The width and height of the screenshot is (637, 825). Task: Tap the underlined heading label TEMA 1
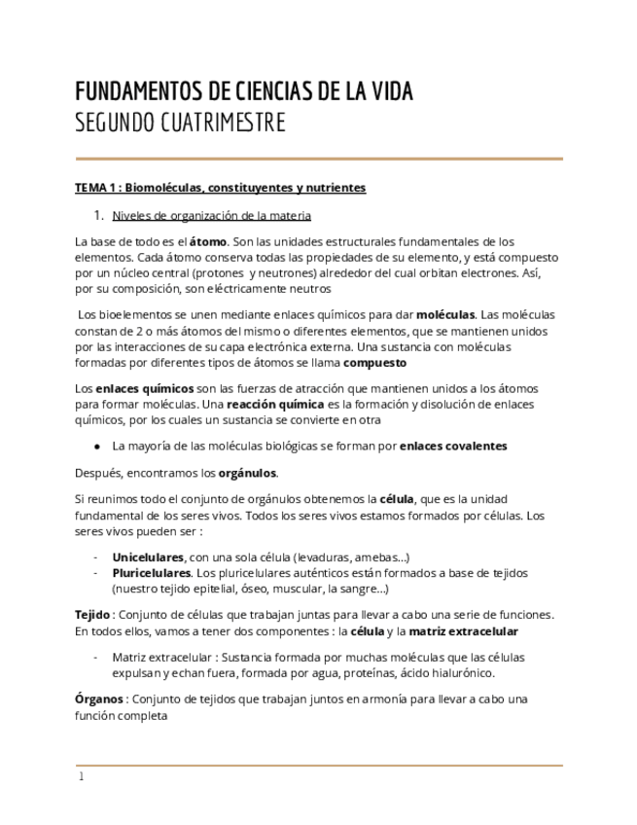97,188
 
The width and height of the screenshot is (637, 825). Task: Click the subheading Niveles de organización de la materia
211,215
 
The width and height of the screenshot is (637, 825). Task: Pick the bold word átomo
208,241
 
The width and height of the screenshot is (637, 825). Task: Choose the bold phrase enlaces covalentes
453,446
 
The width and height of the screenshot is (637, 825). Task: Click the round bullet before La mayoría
97,446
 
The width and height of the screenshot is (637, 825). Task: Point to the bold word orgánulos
247,473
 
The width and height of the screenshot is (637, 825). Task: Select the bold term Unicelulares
148,557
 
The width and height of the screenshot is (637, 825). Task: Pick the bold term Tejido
92,615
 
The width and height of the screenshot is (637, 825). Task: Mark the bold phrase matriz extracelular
464,630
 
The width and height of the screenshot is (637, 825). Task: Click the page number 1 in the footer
82,777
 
